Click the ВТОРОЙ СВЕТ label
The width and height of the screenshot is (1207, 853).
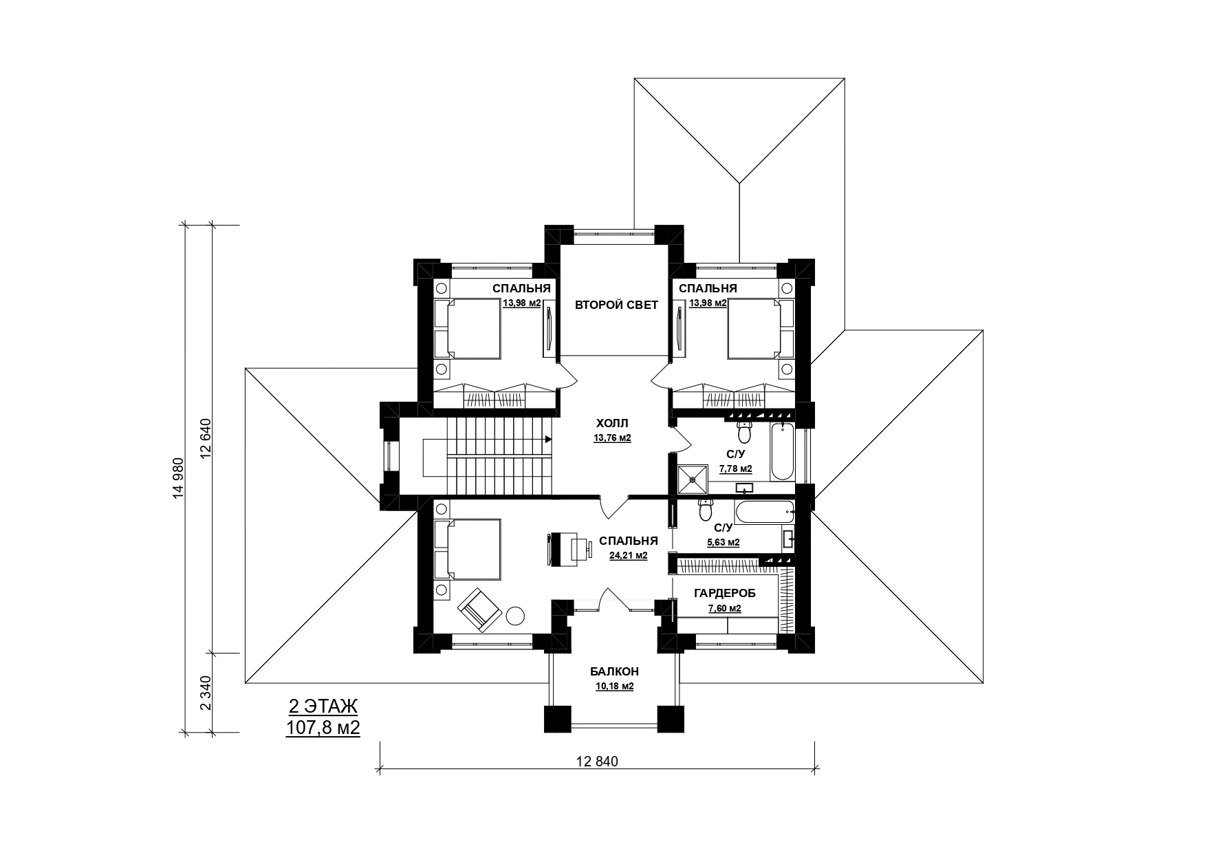(616, 305)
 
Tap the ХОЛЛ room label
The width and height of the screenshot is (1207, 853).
(612, 423)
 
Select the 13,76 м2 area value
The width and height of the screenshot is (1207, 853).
(612, 438)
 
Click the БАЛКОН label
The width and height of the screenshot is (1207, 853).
(614, 671)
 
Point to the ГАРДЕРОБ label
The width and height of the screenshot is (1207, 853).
(724, 593)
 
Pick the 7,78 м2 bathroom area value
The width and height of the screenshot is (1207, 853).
(735, 469)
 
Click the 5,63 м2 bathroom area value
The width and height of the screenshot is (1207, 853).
(723, 542)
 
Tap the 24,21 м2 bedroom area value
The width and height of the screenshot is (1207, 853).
(628, 555)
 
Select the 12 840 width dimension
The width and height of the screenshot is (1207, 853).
(597, 762)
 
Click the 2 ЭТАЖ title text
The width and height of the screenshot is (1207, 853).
(323, 707)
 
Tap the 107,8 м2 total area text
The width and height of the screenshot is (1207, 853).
(323, 728)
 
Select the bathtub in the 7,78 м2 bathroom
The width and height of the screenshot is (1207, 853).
(783, 453)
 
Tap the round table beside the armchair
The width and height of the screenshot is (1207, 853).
(516, 615)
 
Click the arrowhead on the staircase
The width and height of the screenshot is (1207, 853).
(549, 439)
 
